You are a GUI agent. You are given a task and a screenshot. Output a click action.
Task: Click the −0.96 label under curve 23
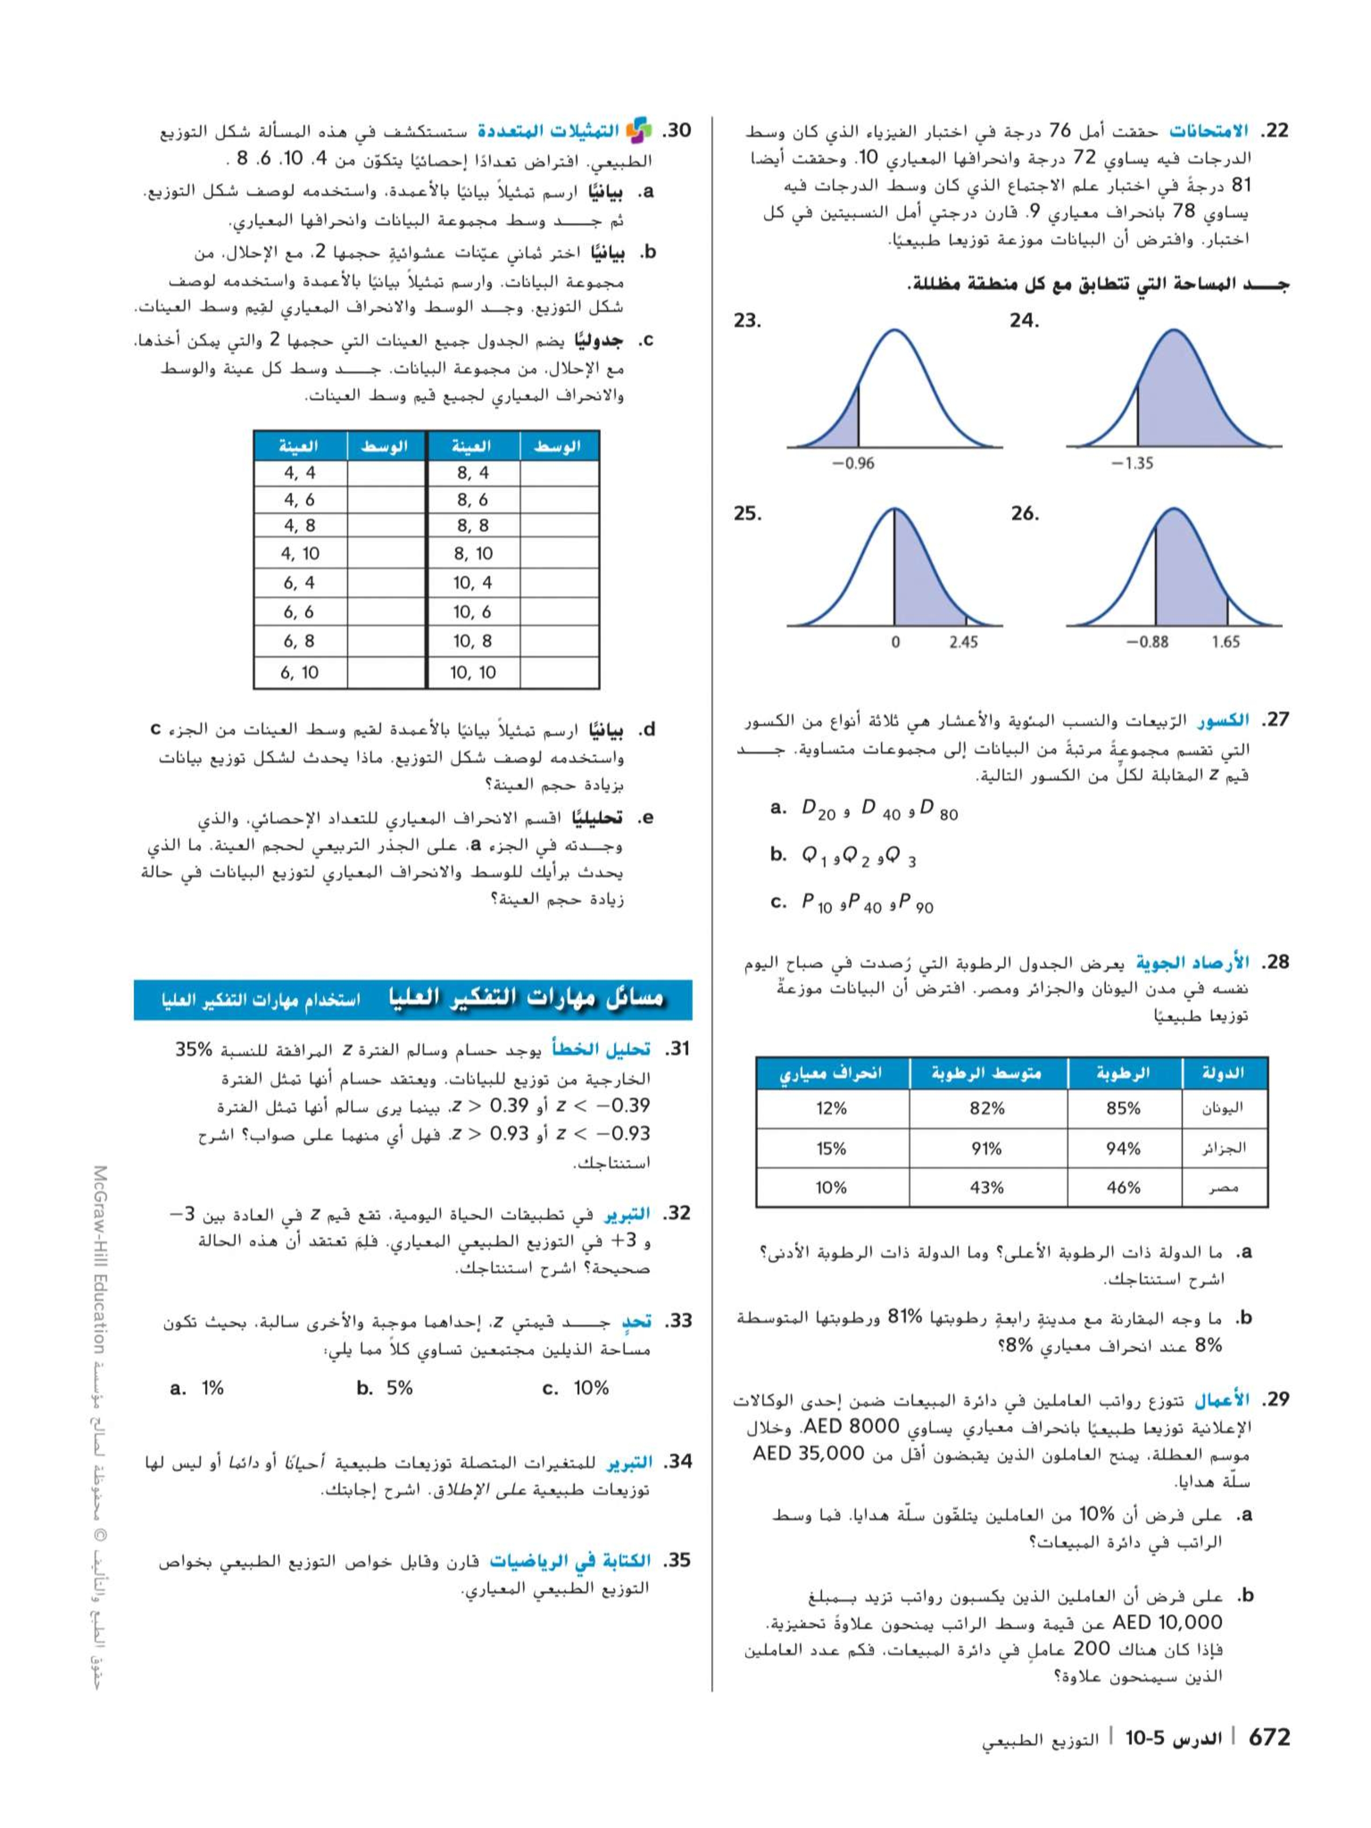(852, 463)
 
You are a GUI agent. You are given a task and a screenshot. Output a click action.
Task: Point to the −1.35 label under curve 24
(1132, 463)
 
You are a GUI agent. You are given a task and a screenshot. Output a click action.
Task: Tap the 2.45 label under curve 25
(963, 641)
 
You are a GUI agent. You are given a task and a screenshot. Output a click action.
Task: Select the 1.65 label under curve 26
(1225, 641)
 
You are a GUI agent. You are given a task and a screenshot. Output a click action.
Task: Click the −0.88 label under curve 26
(1147, 641)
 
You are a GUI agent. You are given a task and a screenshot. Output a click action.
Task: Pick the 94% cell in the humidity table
(1123, 1148)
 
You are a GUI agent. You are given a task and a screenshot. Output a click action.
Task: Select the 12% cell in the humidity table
(831, 1108)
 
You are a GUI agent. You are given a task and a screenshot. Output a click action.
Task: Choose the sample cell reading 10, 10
(473, 673)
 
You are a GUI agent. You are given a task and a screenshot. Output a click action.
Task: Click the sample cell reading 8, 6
(473, 499)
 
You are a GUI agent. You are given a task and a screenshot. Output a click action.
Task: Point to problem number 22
(1272, 131)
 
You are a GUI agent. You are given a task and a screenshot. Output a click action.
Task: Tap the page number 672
(1269, 1737)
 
